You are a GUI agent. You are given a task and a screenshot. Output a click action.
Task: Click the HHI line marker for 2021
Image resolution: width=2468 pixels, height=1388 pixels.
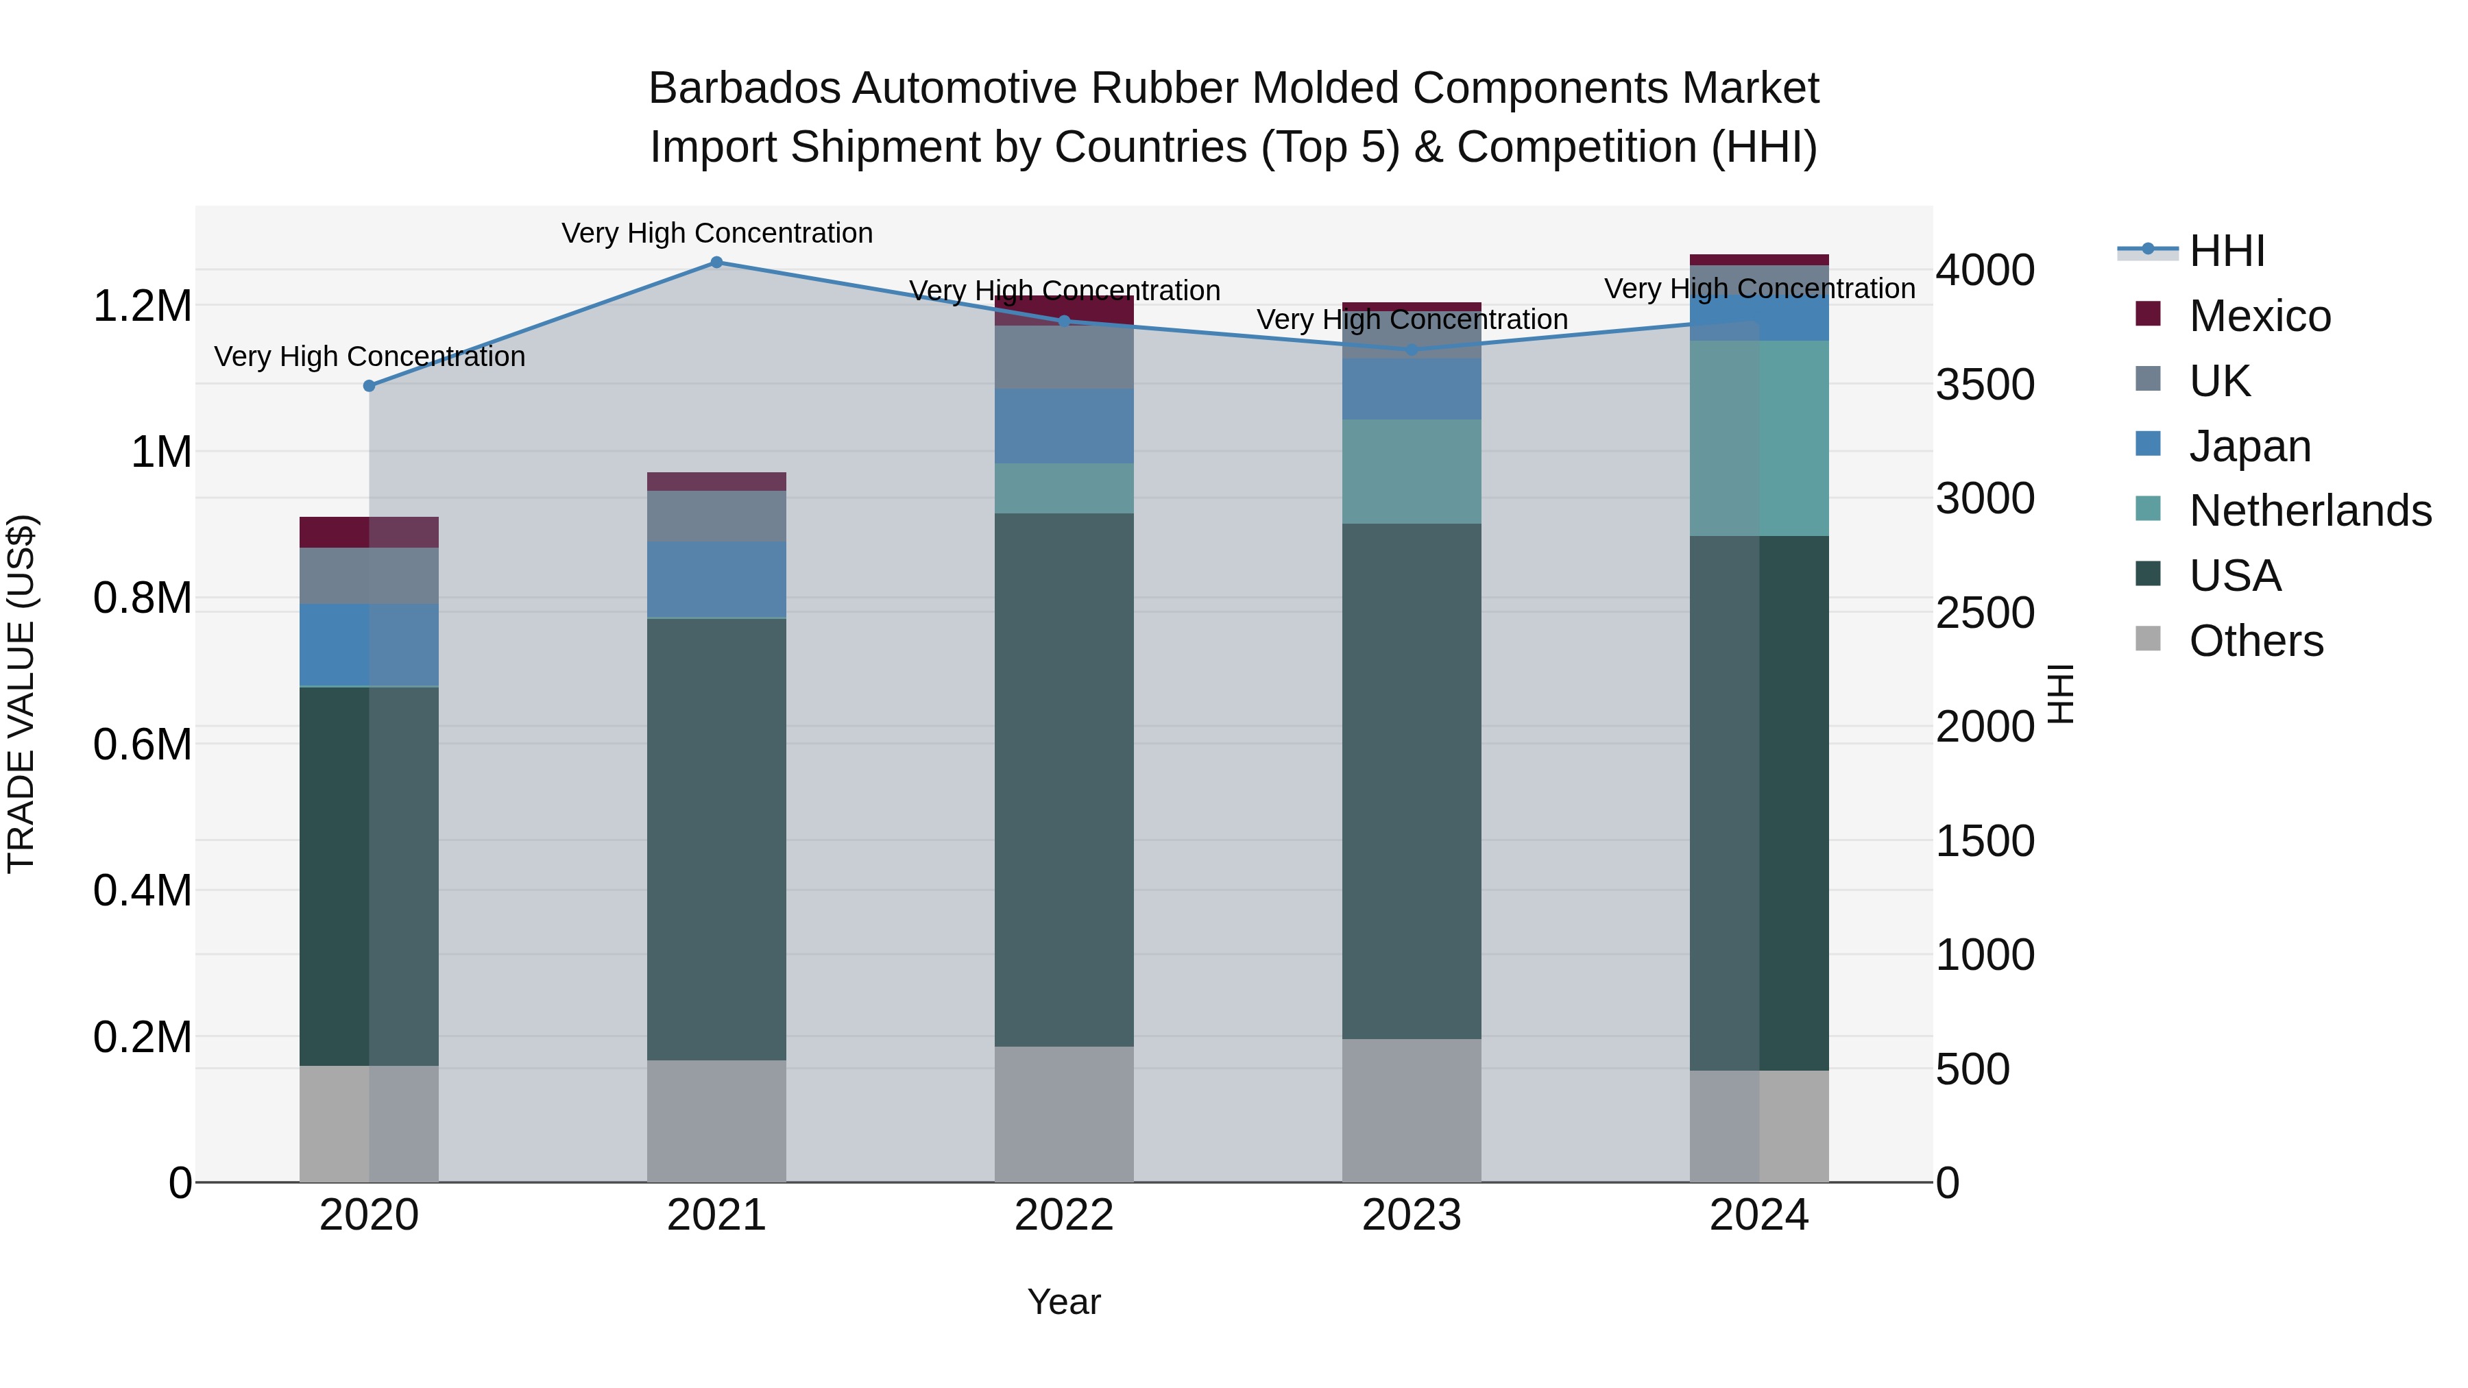(716, 263)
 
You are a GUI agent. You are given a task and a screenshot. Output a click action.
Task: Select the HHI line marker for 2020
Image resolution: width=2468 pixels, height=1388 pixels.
(369, 386)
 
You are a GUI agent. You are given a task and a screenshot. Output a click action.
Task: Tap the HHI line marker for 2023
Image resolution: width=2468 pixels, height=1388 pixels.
(1412, 350)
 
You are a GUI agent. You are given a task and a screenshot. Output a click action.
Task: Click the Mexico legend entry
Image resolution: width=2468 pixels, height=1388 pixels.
(2259, 316)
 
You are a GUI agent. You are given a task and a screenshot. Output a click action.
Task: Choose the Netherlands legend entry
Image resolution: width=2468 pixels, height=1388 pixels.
(2309, 511)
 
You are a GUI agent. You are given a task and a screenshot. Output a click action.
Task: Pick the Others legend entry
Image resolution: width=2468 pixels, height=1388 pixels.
(2255, 641)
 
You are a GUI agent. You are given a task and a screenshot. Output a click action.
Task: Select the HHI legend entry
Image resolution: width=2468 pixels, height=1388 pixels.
(2225, 251)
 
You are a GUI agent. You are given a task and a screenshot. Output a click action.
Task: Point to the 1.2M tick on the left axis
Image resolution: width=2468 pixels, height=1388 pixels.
(142, 306)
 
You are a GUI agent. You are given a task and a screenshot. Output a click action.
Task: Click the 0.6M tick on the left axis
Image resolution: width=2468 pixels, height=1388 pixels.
(142, 744)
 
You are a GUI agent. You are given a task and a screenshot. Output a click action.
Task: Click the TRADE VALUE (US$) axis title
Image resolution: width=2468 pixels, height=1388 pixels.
(21, 694)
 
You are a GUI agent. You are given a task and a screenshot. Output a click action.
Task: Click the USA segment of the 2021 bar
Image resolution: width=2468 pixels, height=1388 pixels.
(716, 838)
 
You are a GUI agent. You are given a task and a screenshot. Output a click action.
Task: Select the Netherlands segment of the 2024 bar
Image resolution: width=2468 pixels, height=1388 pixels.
(1759, 438)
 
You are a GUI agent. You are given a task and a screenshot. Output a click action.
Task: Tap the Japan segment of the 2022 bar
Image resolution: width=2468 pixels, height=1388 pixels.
(1063, 426)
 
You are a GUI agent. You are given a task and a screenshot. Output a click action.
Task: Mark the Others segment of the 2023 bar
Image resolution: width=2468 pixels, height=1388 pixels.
(1412, 1110)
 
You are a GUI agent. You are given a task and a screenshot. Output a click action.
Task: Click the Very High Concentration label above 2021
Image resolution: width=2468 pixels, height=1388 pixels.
(716, 233)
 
